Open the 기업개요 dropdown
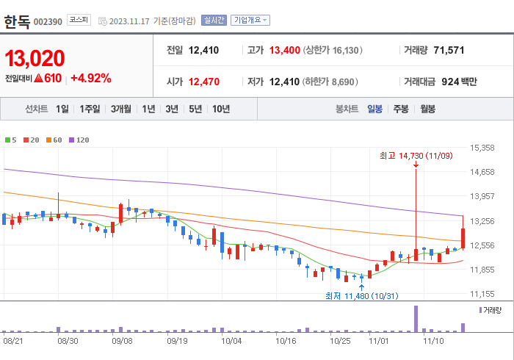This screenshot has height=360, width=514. pyautogui.click(x=250, y=20)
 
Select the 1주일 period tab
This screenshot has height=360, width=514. pyautogui.click(x=90, y=109)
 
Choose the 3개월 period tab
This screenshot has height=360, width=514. pyautogui.click(x=121, y=109)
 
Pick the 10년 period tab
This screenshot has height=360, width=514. pyautogui.click(x=220, y=109)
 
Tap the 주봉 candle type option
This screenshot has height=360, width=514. pyautogui.click(x=401, y=109)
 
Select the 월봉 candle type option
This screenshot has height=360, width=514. pyautogui.click(x=427, y=109)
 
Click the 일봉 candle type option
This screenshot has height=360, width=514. pyautogui.click(x=374, y=109)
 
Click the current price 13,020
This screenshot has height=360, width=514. pyautogui.click(x=35, y=58)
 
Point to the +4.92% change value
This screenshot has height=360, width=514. pyautogui.click(x=90, y=78)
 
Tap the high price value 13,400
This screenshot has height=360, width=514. pyautogui.click(x=284, y=50)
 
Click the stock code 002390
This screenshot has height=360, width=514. pyautogui.click(x=48, y=21)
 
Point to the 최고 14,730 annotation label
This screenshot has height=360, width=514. pyautogui.click(x=416, y=155)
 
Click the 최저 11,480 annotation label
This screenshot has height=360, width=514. pyautogui.click(x=361, y=296)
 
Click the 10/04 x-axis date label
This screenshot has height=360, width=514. pyautogui.click(x=231, y=341)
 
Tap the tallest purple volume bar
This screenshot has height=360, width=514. pyautogui.click(x=416, y=317)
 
